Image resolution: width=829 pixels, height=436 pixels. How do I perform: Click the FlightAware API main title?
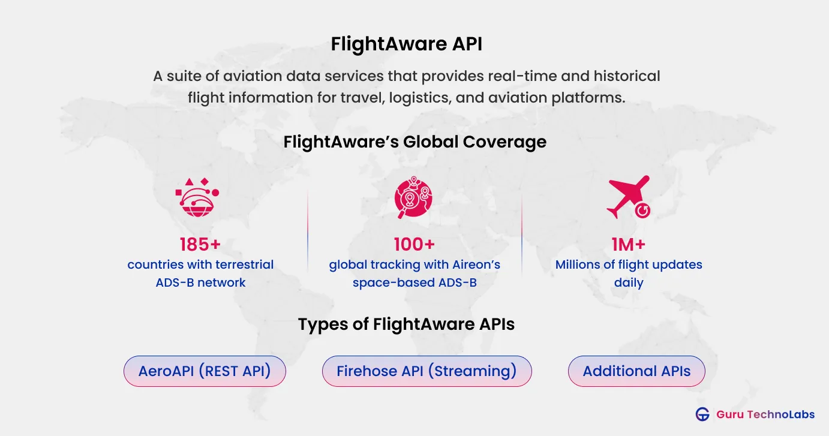(x=406, y=44)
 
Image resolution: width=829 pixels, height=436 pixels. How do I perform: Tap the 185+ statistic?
(x=200, y=244)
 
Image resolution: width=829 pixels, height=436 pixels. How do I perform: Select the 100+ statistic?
(x=414, y=244)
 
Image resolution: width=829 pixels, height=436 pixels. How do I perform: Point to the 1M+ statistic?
(x=629, y=244)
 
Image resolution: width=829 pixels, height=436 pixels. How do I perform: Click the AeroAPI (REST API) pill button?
(x=205, y=371)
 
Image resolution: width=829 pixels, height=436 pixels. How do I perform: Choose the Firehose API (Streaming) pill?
(x=426, y=371)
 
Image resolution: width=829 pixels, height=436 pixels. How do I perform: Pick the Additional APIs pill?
(x=636, y=371)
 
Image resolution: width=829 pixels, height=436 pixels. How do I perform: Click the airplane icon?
(x=629, y=197)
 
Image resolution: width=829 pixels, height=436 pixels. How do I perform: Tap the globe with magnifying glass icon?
(x=413, y=197)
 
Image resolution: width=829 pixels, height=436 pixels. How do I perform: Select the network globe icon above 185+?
(x=197, y=197)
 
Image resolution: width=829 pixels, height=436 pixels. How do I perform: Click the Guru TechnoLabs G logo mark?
(x=702, y=414)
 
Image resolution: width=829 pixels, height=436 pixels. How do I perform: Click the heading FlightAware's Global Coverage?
(x=415, y=142)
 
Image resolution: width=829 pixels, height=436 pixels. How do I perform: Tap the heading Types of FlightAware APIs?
(x=406, y=324)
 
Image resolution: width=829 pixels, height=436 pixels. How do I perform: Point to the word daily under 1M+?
(x=629, y=283)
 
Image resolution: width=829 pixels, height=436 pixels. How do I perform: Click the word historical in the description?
(x=627, y=76)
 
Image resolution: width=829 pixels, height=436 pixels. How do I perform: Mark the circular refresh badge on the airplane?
(x=642, y=211)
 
